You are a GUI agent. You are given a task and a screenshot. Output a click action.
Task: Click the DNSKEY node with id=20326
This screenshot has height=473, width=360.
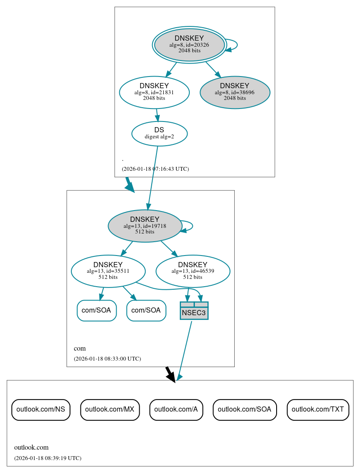(189, 45)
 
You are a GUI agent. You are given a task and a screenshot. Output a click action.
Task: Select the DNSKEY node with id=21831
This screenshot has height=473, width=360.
(154, 92)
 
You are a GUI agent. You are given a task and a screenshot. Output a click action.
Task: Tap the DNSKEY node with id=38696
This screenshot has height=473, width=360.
(235, 92)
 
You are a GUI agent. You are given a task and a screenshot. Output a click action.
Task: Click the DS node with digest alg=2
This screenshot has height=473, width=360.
(159, 133)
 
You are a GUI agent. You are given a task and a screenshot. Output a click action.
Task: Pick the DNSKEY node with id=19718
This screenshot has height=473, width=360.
(145, 226)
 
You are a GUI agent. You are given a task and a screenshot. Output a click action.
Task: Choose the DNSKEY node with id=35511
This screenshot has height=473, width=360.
(108, 271)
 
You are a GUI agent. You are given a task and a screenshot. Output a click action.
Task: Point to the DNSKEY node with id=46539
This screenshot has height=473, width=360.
(193, 271)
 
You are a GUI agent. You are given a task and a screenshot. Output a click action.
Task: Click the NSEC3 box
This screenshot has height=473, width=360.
(194, 311)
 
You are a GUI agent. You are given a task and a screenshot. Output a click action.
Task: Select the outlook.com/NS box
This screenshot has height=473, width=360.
(41, 409)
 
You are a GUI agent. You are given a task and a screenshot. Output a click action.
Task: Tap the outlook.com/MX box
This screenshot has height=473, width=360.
(110, 409)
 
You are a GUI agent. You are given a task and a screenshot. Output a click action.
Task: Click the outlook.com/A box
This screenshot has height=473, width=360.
(176, 409)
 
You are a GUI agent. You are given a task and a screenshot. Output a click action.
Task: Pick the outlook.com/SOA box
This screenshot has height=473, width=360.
(245, 409)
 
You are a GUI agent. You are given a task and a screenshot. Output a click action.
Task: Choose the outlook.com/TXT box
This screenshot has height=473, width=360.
(318, 409)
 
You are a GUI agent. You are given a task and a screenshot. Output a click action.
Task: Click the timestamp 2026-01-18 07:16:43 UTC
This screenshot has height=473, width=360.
(155, 169)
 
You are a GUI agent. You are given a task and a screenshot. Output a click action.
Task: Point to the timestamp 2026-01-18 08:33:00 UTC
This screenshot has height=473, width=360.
(107, 359)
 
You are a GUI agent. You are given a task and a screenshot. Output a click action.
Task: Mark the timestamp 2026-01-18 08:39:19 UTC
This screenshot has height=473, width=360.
(48, 458)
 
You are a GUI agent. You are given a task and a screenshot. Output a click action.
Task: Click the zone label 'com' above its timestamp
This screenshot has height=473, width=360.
(80, 348)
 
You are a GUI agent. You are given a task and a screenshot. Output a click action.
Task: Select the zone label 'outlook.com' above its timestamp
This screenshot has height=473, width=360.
(32, 447)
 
